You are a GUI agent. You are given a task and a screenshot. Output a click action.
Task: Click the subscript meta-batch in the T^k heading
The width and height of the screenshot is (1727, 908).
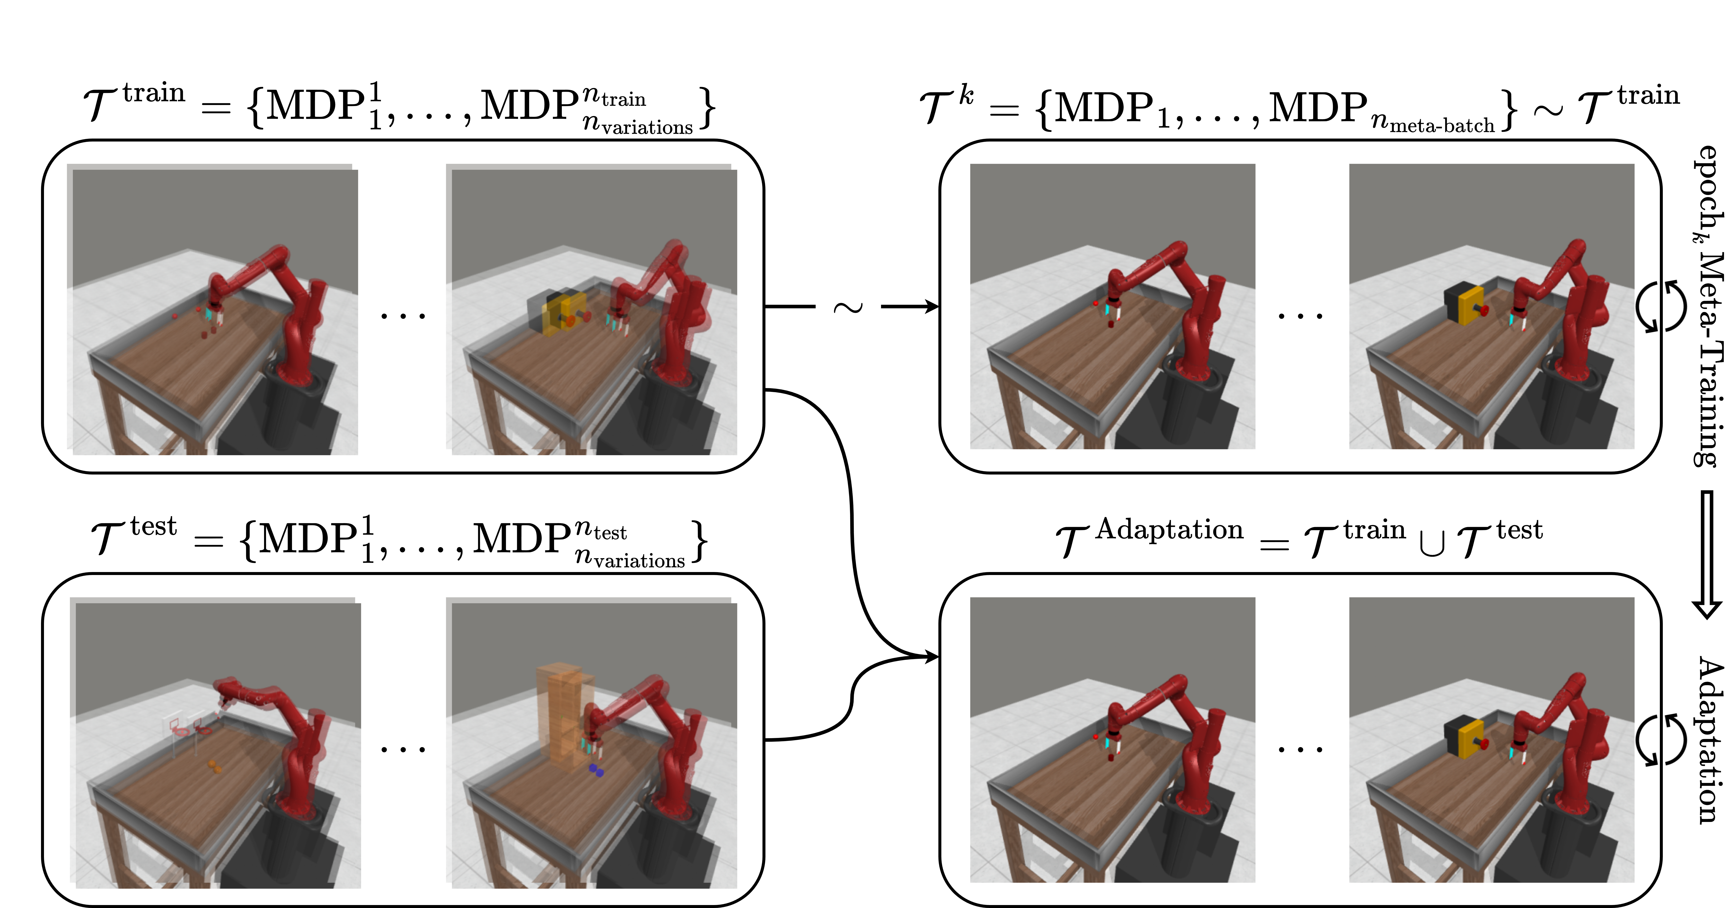click(1441, 125)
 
